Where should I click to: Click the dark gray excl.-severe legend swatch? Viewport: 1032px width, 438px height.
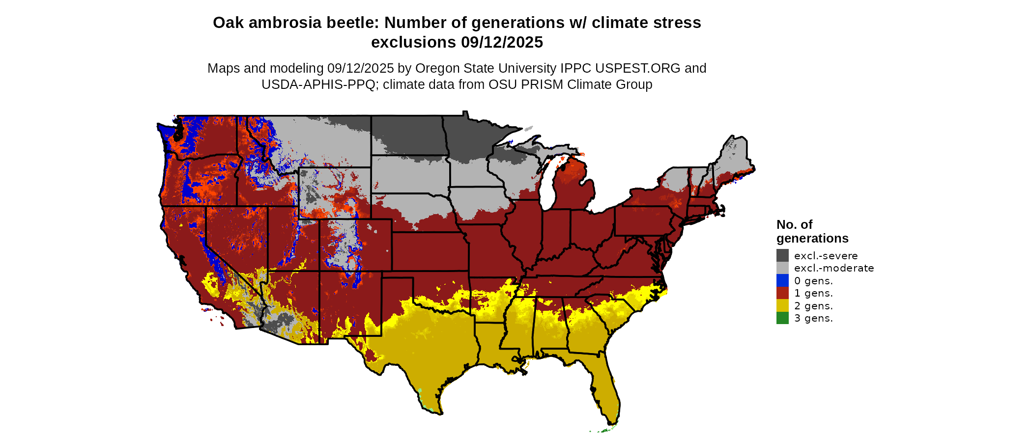[782, 255]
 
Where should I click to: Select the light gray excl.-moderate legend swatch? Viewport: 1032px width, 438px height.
[782, 268]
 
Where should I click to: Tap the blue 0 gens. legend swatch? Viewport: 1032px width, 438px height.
[782, 280]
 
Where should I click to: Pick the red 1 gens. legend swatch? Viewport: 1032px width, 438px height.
[782, 293]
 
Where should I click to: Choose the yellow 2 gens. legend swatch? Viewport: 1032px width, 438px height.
[782, 305]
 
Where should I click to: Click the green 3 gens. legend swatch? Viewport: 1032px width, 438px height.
[782, 318]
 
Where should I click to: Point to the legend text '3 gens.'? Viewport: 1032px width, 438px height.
[813, 318]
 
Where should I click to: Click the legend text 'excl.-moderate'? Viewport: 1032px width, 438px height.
[834, 268]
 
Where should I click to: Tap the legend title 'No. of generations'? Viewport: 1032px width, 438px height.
[812, 231]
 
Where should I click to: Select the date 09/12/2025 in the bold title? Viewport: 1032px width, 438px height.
[502, 42]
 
